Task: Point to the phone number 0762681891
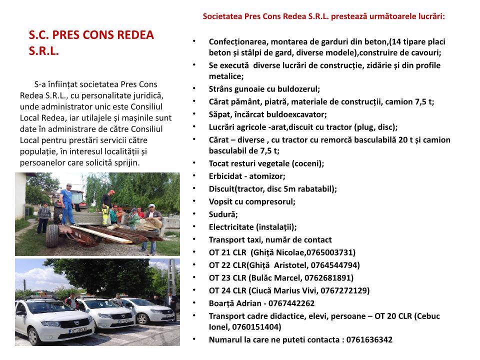click(x=329, y=278)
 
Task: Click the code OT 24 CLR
click(x=227, y=290)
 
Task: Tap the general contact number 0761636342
click(x=369, y=339)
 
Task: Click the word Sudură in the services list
click(x=222, y=214)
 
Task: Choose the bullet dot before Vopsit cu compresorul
click(x=194, y=201)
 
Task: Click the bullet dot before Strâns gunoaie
click(x=194, y=88)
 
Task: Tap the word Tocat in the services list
click(x=219, y=163)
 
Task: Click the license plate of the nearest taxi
click(x=78, y=329)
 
